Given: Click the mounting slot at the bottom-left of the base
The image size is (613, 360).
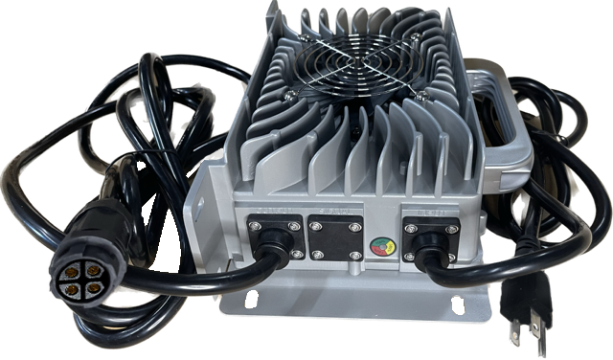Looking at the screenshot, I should (252, 304).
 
